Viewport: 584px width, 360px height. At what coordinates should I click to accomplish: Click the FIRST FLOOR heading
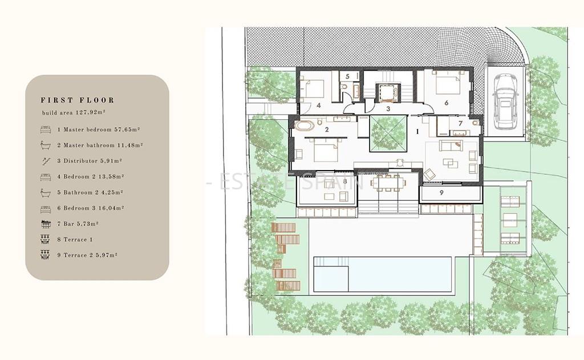pos(78,100)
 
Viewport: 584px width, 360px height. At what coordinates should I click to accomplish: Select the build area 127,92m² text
pos(74,112)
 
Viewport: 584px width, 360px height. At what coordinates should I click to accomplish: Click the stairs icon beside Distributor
pos(46,161)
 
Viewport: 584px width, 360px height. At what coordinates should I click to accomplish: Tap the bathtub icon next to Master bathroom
pos(46,145)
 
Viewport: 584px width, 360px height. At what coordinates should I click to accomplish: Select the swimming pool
pos(383,274)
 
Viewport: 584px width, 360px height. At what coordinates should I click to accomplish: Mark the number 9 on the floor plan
pos(441,193)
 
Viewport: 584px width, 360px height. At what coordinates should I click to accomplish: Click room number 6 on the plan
pos(446,103)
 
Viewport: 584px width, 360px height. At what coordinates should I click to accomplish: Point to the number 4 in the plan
pos(318,106)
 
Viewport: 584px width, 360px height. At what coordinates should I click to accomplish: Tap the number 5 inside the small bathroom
pos(347,76)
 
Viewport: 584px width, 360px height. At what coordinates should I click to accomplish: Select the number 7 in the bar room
pos(460,123)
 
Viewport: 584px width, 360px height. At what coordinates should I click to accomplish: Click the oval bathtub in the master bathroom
pos(305,126)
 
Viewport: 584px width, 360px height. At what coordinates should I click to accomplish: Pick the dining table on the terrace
pos(388,183)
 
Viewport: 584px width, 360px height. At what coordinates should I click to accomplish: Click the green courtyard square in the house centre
pos(388,134)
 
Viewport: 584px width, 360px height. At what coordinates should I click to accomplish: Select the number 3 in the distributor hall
pos(388,109)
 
